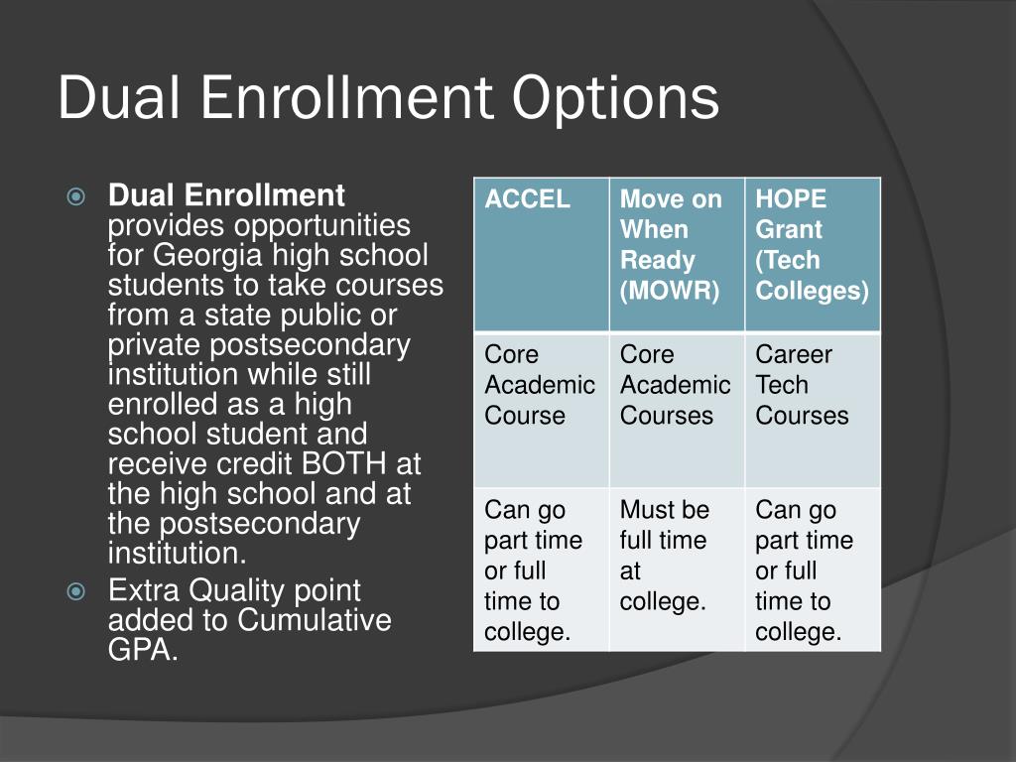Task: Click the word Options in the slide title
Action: (x=615, y=99)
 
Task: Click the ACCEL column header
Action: (x=541, y=253)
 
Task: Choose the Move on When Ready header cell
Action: (x=677, y=253)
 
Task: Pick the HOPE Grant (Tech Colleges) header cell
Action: (x=813, y=253)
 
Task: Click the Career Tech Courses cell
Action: (x=813, y=408)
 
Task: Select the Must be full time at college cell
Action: (x=677, y=569)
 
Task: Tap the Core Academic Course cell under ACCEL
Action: (x=541, y=408)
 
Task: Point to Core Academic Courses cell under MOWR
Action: (x=677, y=408)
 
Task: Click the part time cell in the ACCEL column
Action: (x=541, y=569)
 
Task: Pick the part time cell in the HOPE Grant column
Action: (x=813, y=569)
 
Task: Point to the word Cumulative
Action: (x=317, y=621)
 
